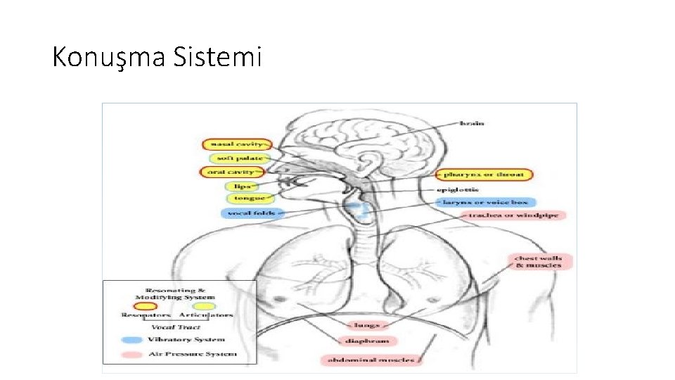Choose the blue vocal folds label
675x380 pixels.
tap(251, 213)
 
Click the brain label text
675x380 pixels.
tap(472, 124)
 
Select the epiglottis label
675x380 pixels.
tap(458, 189)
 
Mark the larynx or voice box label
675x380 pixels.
tap(484, 202)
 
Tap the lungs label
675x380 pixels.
tap(367, 325)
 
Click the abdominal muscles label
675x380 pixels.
tap(373, 360)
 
